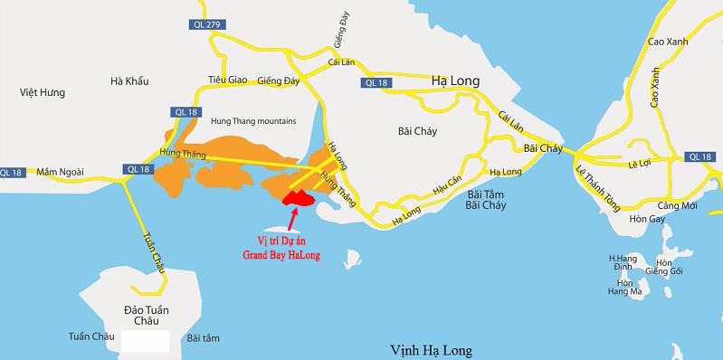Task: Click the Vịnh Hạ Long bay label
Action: tap(432, 349)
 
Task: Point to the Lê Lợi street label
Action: tap(640, 164)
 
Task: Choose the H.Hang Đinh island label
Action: tap(624, 262)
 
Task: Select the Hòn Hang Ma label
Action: tap(624, 288)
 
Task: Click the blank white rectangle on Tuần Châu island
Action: tap(146, 341)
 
